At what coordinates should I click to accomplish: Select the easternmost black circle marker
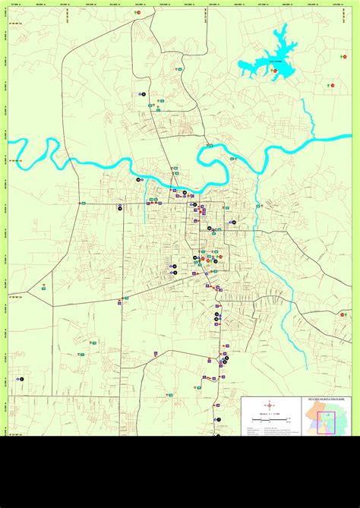[234, 222]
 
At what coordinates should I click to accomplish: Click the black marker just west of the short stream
[139, 179]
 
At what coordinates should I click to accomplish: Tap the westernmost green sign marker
[44, 289]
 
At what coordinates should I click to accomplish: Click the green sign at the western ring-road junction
[86, 204]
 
